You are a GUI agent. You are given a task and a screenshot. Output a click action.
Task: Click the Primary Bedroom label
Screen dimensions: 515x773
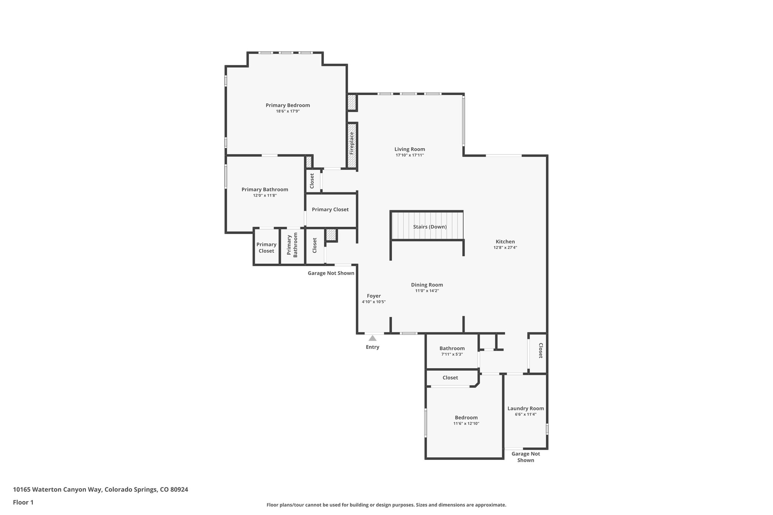288,105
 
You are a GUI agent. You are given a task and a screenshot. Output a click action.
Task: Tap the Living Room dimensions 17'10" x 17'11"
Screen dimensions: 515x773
410,155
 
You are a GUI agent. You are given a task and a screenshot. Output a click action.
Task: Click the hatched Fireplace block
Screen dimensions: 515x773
352,145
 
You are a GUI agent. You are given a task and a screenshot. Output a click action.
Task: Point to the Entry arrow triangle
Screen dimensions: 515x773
372,338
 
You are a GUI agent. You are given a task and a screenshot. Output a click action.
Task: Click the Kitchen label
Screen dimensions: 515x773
505,241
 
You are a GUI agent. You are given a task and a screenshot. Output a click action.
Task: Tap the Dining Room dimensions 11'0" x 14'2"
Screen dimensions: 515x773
427,291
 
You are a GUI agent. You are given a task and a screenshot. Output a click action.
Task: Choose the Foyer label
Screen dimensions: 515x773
374,296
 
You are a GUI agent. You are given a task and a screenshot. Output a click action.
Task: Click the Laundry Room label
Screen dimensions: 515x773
525,408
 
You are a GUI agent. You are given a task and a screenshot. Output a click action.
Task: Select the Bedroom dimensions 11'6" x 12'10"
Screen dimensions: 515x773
466,424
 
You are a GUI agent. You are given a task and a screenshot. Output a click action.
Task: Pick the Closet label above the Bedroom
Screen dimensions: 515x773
450,378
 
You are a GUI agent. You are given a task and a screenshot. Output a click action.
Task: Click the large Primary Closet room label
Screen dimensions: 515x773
330,209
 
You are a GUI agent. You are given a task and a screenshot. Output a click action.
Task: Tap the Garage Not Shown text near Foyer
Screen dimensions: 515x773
331,273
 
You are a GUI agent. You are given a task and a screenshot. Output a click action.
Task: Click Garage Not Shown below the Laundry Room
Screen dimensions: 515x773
525,457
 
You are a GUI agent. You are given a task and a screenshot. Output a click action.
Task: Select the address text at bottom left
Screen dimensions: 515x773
100,489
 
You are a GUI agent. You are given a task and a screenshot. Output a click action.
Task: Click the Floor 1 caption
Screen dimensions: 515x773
23,502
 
